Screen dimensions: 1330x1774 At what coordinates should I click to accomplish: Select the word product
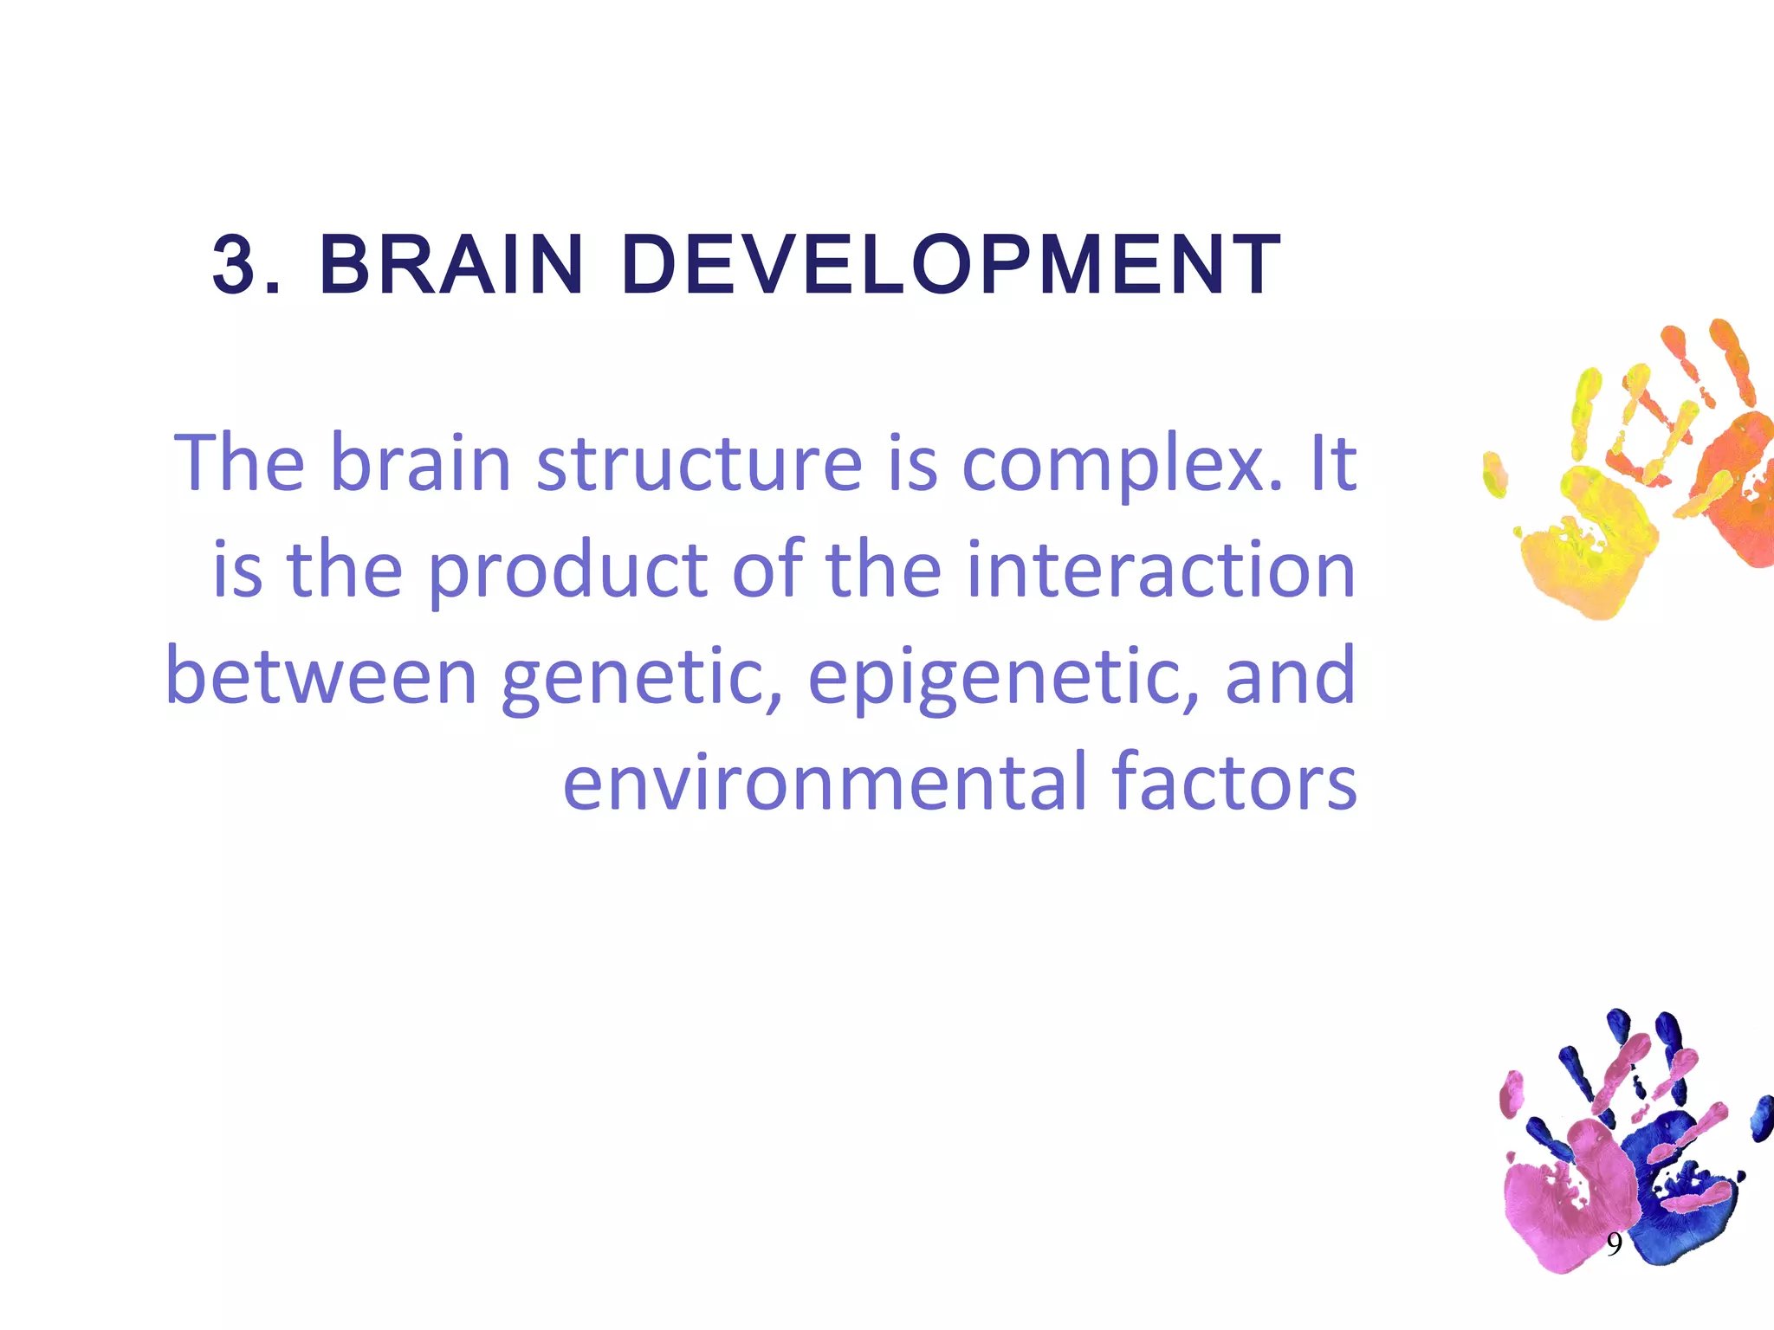point(569,571)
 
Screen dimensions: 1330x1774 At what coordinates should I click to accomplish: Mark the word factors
point(1234,783)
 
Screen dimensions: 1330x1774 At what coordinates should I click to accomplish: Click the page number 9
point(1614,1244)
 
